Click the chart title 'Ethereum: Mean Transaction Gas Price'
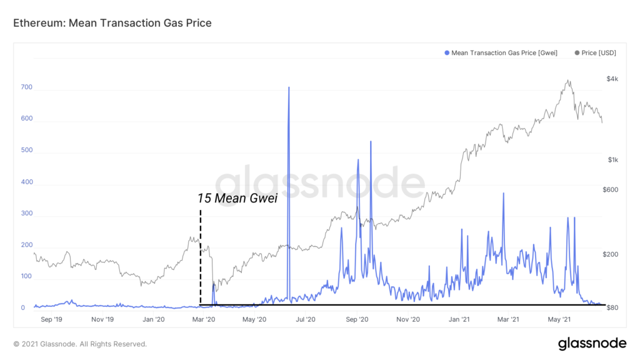112,23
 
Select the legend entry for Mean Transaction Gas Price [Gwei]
500,53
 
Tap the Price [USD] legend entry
594,53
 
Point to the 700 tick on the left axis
26,88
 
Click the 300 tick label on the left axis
26,214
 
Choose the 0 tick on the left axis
22,308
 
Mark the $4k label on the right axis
612,79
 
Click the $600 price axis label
612,190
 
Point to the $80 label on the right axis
612,308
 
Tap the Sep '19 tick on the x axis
51,319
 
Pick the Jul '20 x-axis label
305,319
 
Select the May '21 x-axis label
561,319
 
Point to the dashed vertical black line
200,262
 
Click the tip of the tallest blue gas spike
289,87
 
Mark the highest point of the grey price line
567,80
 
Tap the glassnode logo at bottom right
592,343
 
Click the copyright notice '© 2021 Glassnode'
80,344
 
